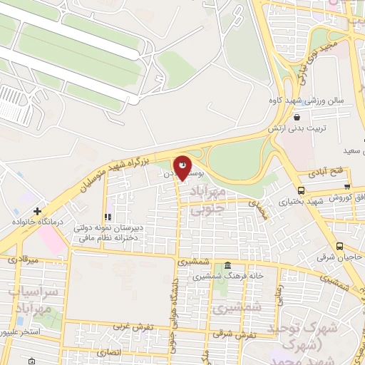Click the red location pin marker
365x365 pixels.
click(x=183, y=168)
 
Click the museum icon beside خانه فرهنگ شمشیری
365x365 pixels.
click(x=227, y=264)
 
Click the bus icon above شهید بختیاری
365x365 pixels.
click(x=302, y=190)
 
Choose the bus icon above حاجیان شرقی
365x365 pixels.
click(x=338, y=243)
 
